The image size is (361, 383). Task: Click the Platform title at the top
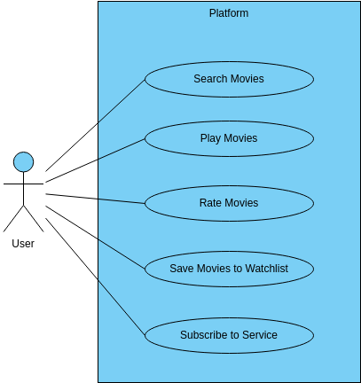click(229, 13)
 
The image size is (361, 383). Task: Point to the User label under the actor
click(23, 244)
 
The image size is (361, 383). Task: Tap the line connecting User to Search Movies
click(95, 125)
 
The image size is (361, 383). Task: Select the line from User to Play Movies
click(95, 160)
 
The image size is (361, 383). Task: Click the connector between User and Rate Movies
click(95, 199)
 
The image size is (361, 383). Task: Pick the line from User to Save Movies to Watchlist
click(95, 238)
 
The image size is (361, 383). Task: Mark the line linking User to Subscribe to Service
click(95, 277)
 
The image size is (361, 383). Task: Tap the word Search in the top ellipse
click(210, 79)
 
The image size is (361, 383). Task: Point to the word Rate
click(208, 203)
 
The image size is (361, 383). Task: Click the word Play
click(210, 138)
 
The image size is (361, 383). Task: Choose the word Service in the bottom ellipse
click(260, 335)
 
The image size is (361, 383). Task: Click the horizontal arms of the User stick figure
click(23, 184)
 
